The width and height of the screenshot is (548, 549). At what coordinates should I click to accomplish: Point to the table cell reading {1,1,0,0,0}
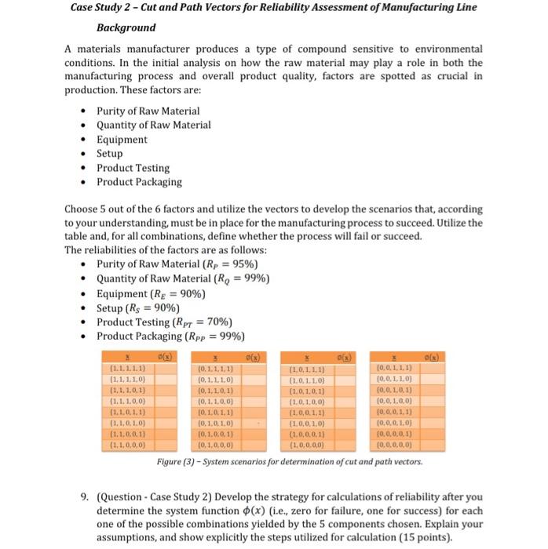click(126, 445)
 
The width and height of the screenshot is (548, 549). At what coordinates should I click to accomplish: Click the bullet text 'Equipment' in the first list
click(122, 140)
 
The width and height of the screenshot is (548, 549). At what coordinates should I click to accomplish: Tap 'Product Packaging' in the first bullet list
click(139, 182)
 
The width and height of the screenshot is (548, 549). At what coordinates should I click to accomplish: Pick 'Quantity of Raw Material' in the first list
click(153, 125)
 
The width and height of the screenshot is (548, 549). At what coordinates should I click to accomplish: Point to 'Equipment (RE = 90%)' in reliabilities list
click(151, 293)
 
